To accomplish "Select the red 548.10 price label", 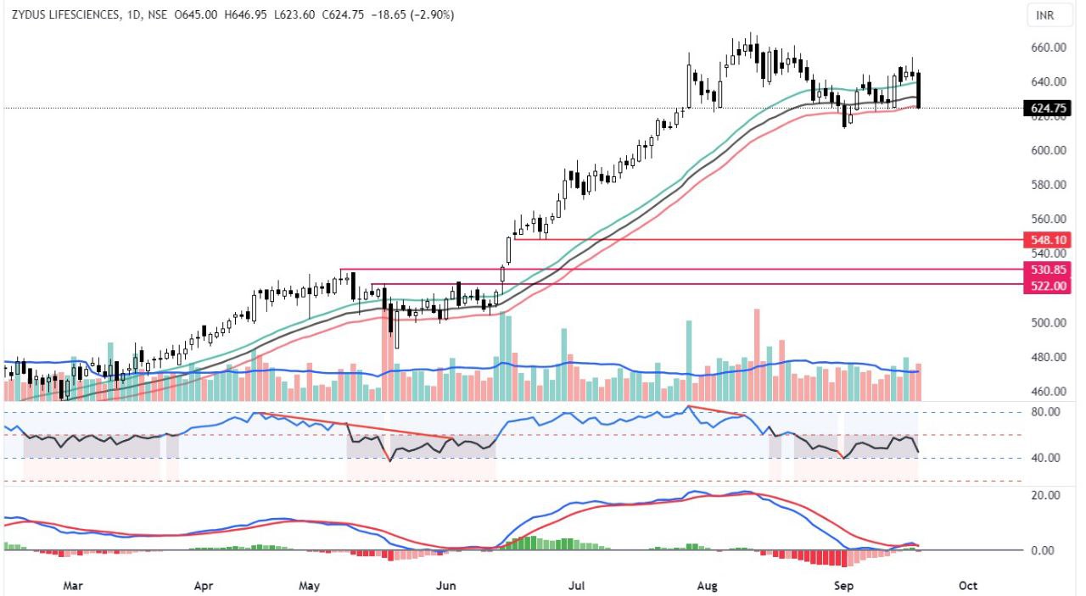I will [x=1049, y=240].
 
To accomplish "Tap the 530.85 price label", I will [x=1049, y=270].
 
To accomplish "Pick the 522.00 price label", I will [x=1049, y=286].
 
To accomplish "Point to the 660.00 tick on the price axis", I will [x=1049, y=47].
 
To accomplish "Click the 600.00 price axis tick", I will [x=1049, y=151].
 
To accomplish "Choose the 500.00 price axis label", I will [x=1049, y=323].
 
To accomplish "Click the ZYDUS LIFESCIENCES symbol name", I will [x=65, y=14].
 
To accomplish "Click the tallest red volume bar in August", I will [x=757, y=354].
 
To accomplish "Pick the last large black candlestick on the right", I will [x=918, y=90].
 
